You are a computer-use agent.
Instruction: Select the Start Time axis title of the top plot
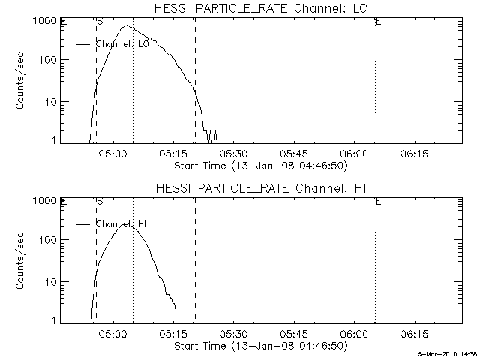259,165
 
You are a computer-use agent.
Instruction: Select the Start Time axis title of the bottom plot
259,345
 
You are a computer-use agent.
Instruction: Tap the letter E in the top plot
379,22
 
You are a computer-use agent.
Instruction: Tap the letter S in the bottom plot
100,202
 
